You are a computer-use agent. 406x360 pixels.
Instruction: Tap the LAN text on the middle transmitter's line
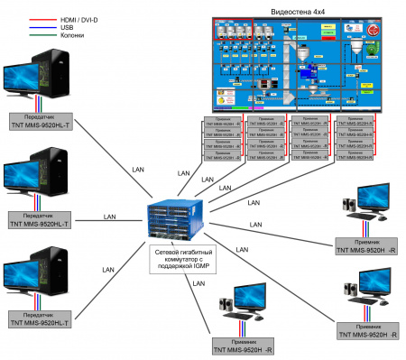(x=109, y=217)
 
